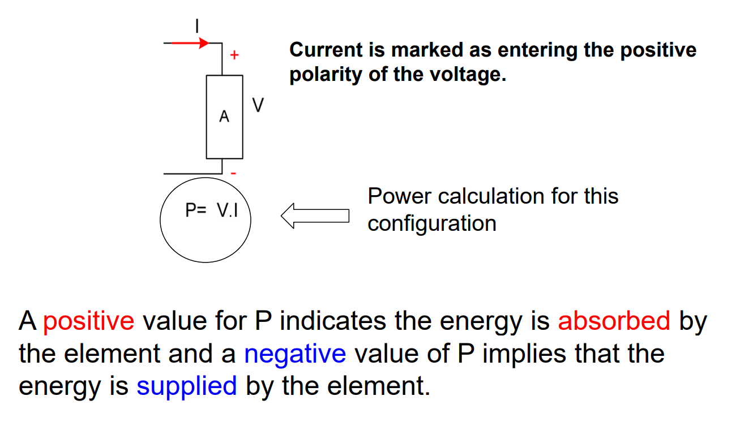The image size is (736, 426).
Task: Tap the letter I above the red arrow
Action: click(197, 26)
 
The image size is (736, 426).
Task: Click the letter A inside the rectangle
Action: click(224, 117)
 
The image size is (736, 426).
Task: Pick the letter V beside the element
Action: click(258, 106)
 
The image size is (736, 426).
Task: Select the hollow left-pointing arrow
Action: click(315, 216)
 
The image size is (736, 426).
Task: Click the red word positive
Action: click(89, 321)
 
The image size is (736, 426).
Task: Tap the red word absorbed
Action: click(614, 321)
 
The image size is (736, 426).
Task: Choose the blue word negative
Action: click(295, 354)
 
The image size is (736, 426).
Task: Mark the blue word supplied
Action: click(186, 386)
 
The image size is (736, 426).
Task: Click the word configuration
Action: click(432, 223)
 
